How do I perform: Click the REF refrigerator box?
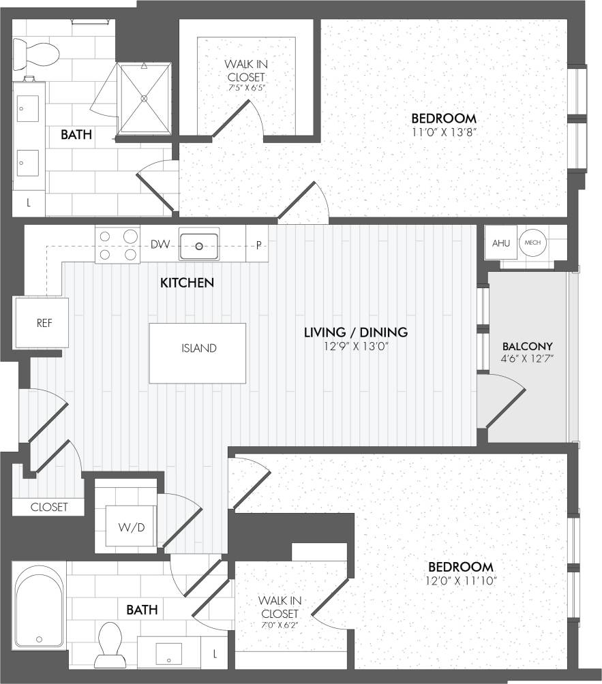coord(44,322)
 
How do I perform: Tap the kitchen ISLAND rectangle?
coord(198,348)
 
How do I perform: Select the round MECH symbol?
coord(532,243)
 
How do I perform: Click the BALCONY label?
coord(527,345)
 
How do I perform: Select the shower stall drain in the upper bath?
coord(144,98)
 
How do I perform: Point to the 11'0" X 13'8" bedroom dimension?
coord(443,132)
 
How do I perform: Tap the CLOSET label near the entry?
coord(49,507)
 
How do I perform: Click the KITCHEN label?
coord(187,282)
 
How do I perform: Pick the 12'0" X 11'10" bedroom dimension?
coord(460,580)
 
